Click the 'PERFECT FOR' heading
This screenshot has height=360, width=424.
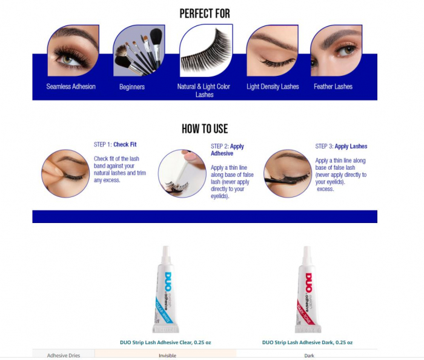pos(205,13)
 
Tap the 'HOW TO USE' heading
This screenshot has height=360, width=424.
pos(205,128)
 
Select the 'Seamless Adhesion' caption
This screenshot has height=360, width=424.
pos(71,87)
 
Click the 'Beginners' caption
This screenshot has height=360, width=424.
pos(132,87)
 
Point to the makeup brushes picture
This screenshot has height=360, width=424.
pos(139,50)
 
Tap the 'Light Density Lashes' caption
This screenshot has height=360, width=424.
pos(273,87)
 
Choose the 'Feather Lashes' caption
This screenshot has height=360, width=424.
pos(333,87)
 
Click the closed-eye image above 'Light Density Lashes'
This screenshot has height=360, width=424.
pos(272,50)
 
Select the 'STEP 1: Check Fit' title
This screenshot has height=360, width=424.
pos(115,145)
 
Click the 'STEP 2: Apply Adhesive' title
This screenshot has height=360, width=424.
pos(227,150)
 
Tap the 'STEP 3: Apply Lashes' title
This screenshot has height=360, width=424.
pos(341,146)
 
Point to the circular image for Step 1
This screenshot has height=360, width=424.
pos(65,173)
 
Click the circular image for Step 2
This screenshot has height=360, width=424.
pos(182,174)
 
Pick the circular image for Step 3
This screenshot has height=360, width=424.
pos(288,173)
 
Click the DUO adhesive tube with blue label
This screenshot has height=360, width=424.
pos(164,290)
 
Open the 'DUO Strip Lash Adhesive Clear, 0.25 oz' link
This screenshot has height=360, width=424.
pos(165,342)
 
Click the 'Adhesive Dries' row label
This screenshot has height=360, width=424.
pos(63,355)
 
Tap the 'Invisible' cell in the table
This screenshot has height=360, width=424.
pos(167,355)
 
